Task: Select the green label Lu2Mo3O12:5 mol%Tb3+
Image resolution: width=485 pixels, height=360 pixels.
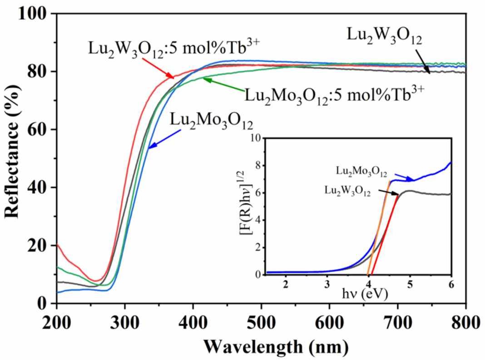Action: click(335, 95)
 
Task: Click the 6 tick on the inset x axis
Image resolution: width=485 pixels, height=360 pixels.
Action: click(450, 284)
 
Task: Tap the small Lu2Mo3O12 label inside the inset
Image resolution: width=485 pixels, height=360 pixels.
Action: click(361, 172)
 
